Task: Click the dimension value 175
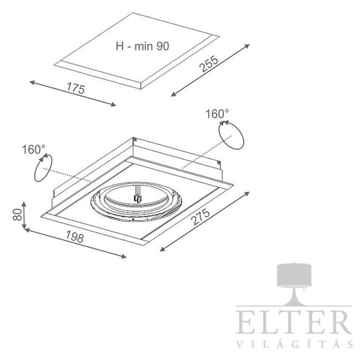pyautogui.click(x=76, y=88)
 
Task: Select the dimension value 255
pyautogui.click(x=209, y=64)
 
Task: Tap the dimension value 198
pyautogui.click(x=75, y=236)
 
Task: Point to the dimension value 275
pyautogui.click(x=200, y=217)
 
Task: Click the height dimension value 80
pyautogui.click(x=18, y=214)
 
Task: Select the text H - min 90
pyautogui.click(x=143, y=46)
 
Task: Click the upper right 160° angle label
pyautogui.click(x=217, y=114)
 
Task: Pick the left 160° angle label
pyautogui.click(x=33, y=149)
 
